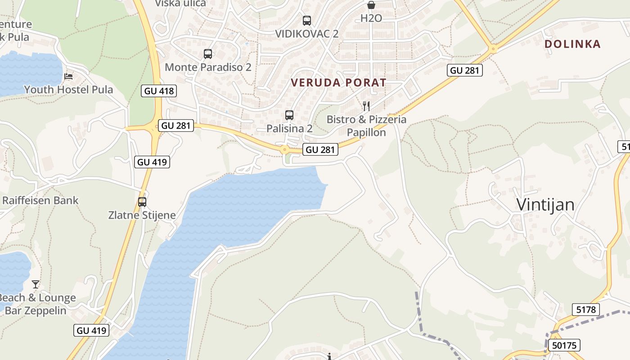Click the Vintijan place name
(545, 205)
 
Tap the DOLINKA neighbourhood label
(572, 44)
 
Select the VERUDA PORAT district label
(338, 83)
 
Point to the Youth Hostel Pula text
(68, 90)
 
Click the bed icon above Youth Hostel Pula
(68, 76)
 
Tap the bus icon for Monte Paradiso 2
(208, 54)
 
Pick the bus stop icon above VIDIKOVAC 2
(307, 20)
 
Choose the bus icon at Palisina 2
(289, 115)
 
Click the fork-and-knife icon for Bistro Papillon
(366, 106)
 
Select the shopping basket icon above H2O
(371, 5)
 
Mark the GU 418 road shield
(159, 91)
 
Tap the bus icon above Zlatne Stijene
(142, 202)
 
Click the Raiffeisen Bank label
(40, 201)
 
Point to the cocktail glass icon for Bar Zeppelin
(36, 284)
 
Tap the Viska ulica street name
(180, 4)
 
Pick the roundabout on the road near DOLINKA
(494, 48)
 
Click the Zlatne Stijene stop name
(142, 215)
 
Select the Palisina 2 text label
(289, 129)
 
